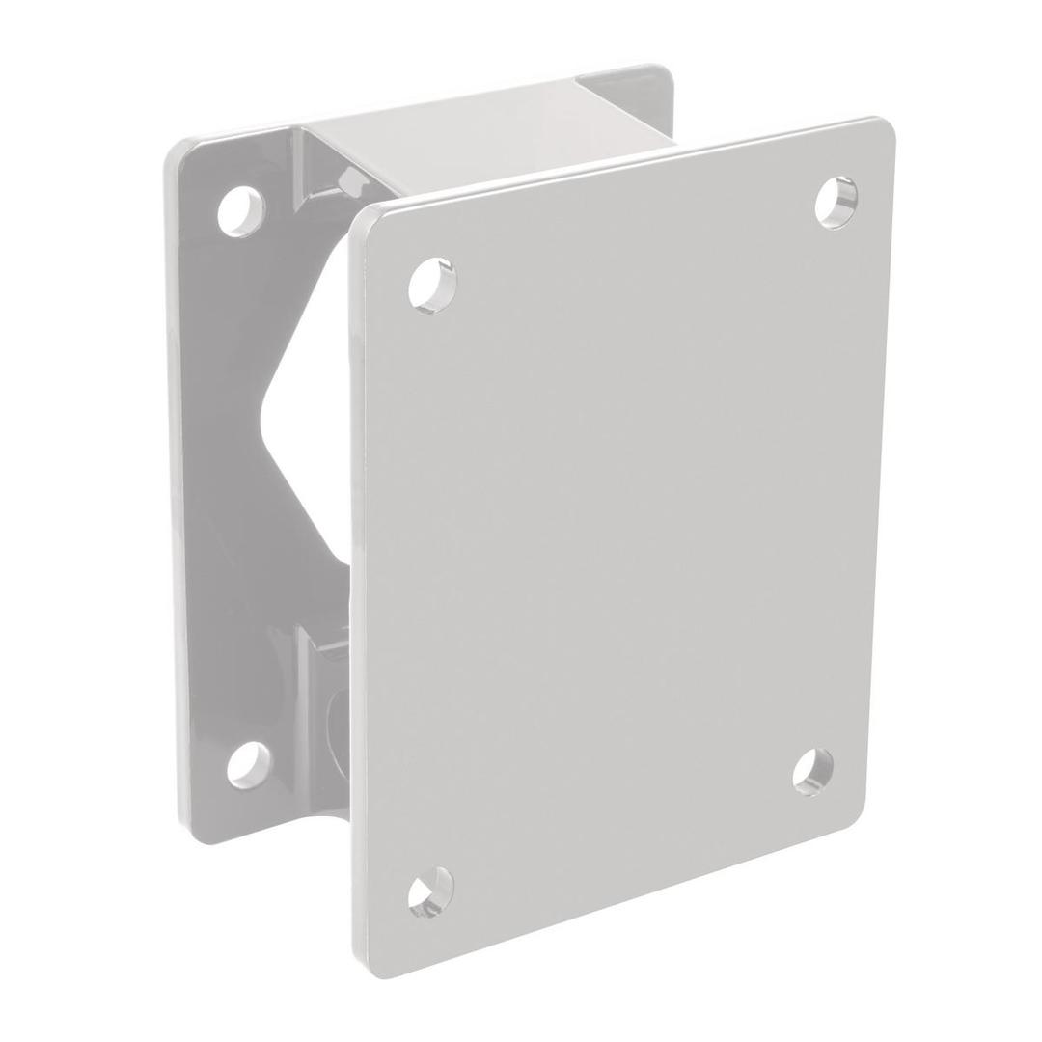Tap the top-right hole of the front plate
click(836, 202)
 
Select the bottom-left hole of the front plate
click(430, 891)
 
